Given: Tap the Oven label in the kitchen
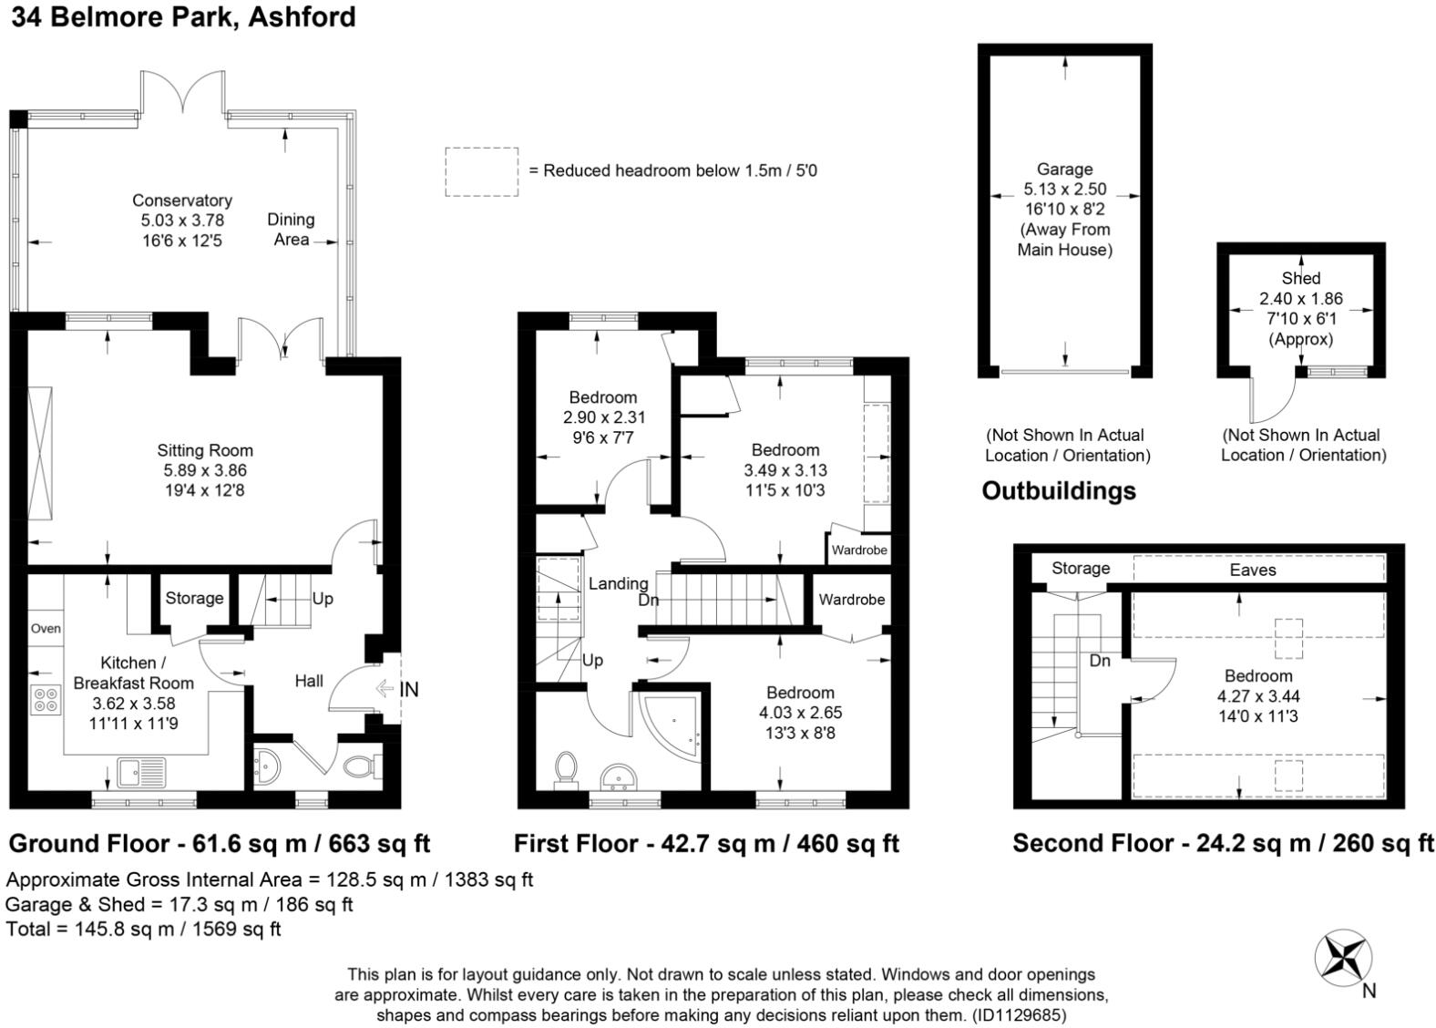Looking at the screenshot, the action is pos(46,629).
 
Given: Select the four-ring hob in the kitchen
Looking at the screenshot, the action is pos(46,700).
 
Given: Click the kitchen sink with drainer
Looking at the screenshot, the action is pos(141,773).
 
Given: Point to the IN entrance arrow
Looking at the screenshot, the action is pos(385,689).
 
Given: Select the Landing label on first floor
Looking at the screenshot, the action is pos(618,583).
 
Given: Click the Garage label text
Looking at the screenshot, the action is pos(1065,170).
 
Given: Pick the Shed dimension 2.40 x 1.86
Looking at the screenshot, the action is pos(1301,298).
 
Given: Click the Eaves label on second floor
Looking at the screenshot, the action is pos(1253,571).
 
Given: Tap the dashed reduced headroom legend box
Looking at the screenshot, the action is pos(482,172).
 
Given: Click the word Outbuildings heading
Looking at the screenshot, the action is pos(1059,490).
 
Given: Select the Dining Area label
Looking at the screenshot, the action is pos(291,229).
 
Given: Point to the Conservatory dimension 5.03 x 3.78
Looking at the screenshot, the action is pos(183,220).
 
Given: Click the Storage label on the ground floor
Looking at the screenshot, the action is pos(194,599).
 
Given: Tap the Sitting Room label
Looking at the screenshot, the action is pos(205,450).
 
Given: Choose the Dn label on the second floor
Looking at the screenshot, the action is pos(1100,661).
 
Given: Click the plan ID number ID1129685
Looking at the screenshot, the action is pos(1020,1015).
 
